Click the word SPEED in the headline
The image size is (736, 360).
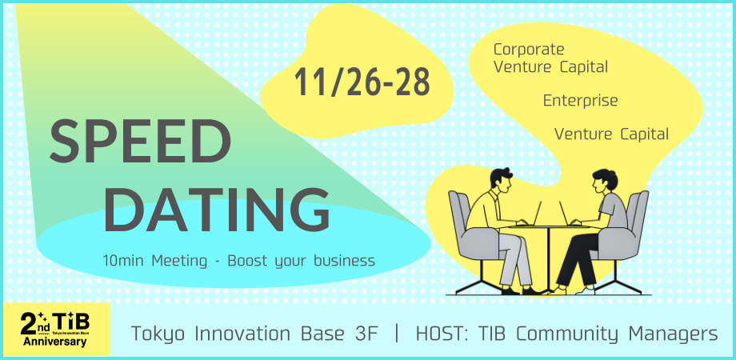140,142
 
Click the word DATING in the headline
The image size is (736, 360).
217,210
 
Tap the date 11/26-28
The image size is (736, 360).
362,82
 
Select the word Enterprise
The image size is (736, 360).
580,101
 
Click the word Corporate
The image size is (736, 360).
529,49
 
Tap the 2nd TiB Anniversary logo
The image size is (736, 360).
56,329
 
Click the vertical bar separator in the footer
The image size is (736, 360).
397,334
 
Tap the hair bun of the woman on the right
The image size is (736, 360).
612,180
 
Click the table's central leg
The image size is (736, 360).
549,260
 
